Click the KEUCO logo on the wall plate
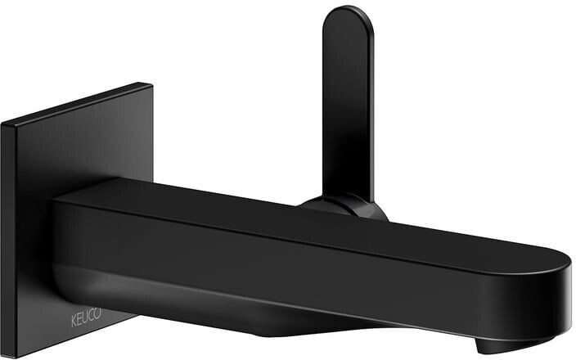coord(86,318)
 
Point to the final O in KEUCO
coord(97,314)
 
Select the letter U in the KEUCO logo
coord(86,317)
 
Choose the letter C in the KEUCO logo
coord(92,316)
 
